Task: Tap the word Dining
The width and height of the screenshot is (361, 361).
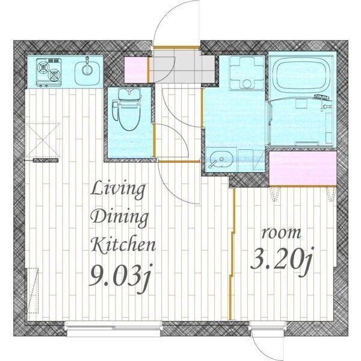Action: point(120,217)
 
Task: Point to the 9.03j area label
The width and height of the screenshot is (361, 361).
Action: point(121,277)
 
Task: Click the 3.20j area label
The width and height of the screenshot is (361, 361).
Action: point(282,261)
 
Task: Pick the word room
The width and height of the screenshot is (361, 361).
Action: point(282,233)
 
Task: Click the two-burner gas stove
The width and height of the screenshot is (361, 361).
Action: point(49,72)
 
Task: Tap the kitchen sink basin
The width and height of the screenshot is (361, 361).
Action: point(87,72)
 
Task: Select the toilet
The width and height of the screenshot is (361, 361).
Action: point(126,110)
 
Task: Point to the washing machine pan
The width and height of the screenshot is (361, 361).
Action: point(247,73)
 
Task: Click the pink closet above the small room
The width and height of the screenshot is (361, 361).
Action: point(303,168)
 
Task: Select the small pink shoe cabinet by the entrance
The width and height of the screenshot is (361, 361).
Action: point(136,70)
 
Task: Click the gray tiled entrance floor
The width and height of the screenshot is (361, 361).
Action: point(184,66)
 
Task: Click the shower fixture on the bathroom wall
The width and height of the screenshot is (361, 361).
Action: point(324,101)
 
